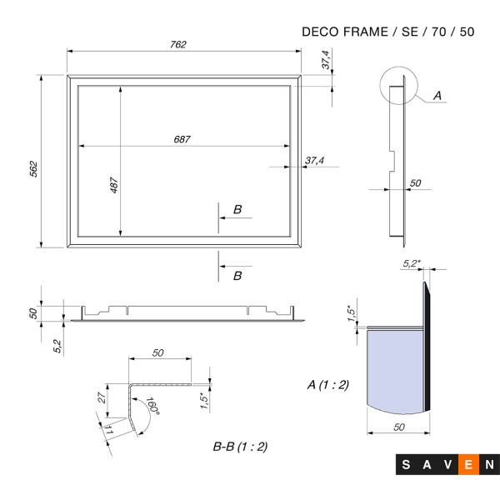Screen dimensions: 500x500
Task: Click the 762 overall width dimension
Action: coord(178,44)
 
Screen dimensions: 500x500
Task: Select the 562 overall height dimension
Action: coord(33,169)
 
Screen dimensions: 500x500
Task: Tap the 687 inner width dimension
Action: coord(182,139)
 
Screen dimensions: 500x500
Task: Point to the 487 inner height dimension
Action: coord(114,185)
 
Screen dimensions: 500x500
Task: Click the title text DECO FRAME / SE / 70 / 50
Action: coord(388,32)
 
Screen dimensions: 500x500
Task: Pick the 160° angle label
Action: coord(152,406)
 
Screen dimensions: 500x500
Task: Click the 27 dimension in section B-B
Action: coord(102,397)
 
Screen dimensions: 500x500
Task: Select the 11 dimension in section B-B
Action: coord(108,430)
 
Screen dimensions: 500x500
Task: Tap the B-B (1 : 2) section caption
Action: coord(240,447)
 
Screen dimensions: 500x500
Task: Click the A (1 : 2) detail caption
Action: coord(328,385)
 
